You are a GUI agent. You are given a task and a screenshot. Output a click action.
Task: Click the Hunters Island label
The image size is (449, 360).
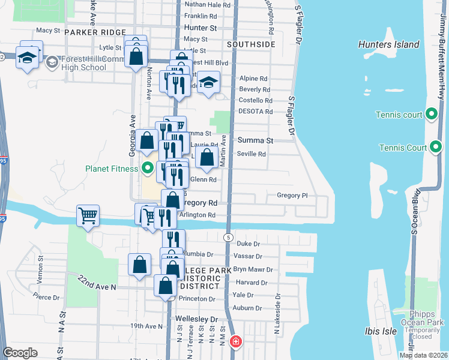coord(388,44)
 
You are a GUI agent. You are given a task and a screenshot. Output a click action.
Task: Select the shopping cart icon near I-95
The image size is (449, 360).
coord(88,215)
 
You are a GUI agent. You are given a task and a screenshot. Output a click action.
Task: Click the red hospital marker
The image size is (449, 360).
coord(235,342)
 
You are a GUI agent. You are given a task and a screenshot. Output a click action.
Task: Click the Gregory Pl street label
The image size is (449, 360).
coord(292,195)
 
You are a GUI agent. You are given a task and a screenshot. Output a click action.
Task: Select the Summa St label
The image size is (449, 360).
coord(255,140)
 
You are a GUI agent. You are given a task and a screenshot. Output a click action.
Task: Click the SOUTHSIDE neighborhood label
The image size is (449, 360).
coord(252,44)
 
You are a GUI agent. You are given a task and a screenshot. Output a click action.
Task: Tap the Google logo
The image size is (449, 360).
coord(20,353)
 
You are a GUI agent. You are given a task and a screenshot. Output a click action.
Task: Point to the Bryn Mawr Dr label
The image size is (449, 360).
coord(253,270)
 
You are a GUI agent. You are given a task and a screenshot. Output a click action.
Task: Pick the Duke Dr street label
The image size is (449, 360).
coord(248,244)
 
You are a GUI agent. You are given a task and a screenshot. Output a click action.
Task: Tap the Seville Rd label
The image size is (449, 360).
coord(253,154)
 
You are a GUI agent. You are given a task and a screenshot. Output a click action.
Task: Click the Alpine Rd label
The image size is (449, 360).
coord(253,79)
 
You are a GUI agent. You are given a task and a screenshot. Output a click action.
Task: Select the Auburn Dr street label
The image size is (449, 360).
coord(247,308)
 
